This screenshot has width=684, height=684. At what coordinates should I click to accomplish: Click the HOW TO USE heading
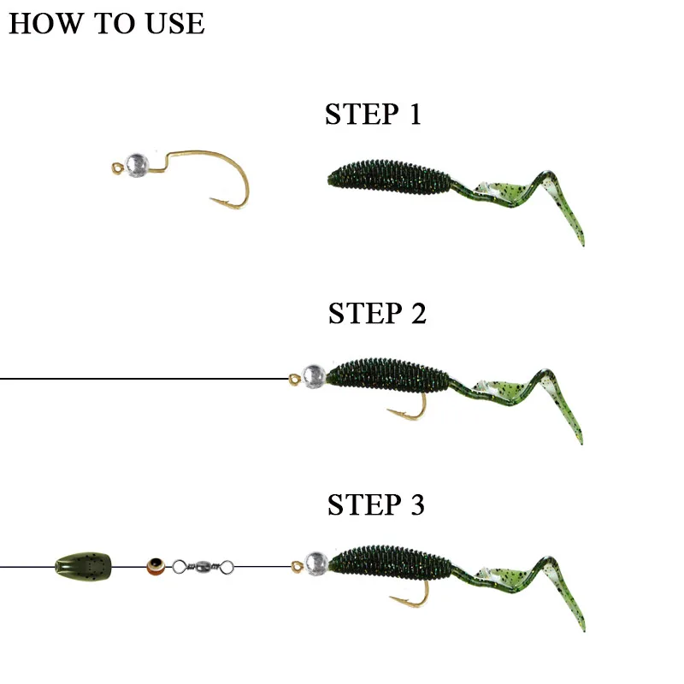click(x=106, y=23)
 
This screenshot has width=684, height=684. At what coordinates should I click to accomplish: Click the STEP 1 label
click(x=373, y=115)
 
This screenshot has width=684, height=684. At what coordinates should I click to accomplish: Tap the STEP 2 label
click(x=377, y=313)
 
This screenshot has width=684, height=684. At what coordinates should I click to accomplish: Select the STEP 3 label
click(x=375, y=504)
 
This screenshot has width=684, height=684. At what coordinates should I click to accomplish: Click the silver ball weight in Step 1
click(x=137, y=165)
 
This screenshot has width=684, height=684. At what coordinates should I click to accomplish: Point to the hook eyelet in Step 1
click(x=117, y=168)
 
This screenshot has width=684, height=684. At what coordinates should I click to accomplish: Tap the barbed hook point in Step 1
click(x=211, y=199)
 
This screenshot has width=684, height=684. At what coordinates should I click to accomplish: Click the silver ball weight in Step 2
click(x=314, y=376)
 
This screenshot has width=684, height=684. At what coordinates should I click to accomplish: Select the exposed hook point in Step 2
click(x=389, y=410)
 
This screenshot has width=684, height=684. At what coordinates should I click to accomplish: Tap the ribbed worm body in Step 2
click(x=388, y=375)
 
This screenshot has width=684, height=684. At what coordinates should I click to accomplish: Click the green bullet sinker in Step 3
click(x=83, y=566)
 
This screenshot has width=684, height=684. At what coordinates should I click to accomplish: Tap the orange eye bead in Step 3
click(x=156, y=566)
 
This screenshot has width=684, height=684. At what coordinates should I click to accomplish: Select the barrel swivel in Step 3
click(x=203, y=567)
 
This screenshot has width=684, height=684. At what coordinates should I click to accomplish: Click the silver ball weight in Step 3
click(x=316, y=563)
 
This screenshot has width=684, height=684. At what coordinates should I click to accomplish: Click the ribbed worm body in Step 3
click(x=390, y=563)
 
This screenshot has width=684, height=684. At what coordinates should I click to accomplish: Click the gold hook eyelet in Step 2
click(x=294, y=379)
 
